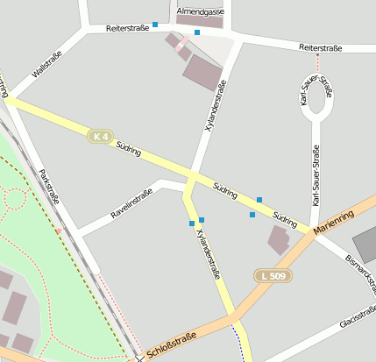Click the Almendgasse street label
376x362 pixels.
coord(200,11)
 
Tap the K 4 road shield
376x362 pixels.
coord(101,136)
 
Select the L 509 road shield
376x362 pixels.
coord(273,276)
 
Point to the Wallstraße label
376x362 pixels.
coord(46,67)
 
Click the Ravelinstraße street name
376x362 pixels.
coord(131,204)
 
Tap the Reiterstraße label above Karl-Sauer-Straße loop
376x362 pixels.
coord(320,47)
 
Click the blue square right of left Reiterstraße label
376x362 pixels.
coord(155,25)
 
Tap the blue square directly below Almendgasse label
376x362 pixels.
coord(197,32)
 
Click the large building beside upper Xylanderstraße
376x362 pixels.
coord(202,71)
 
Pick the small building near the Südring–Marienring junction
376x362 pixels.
coord(280,238)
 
